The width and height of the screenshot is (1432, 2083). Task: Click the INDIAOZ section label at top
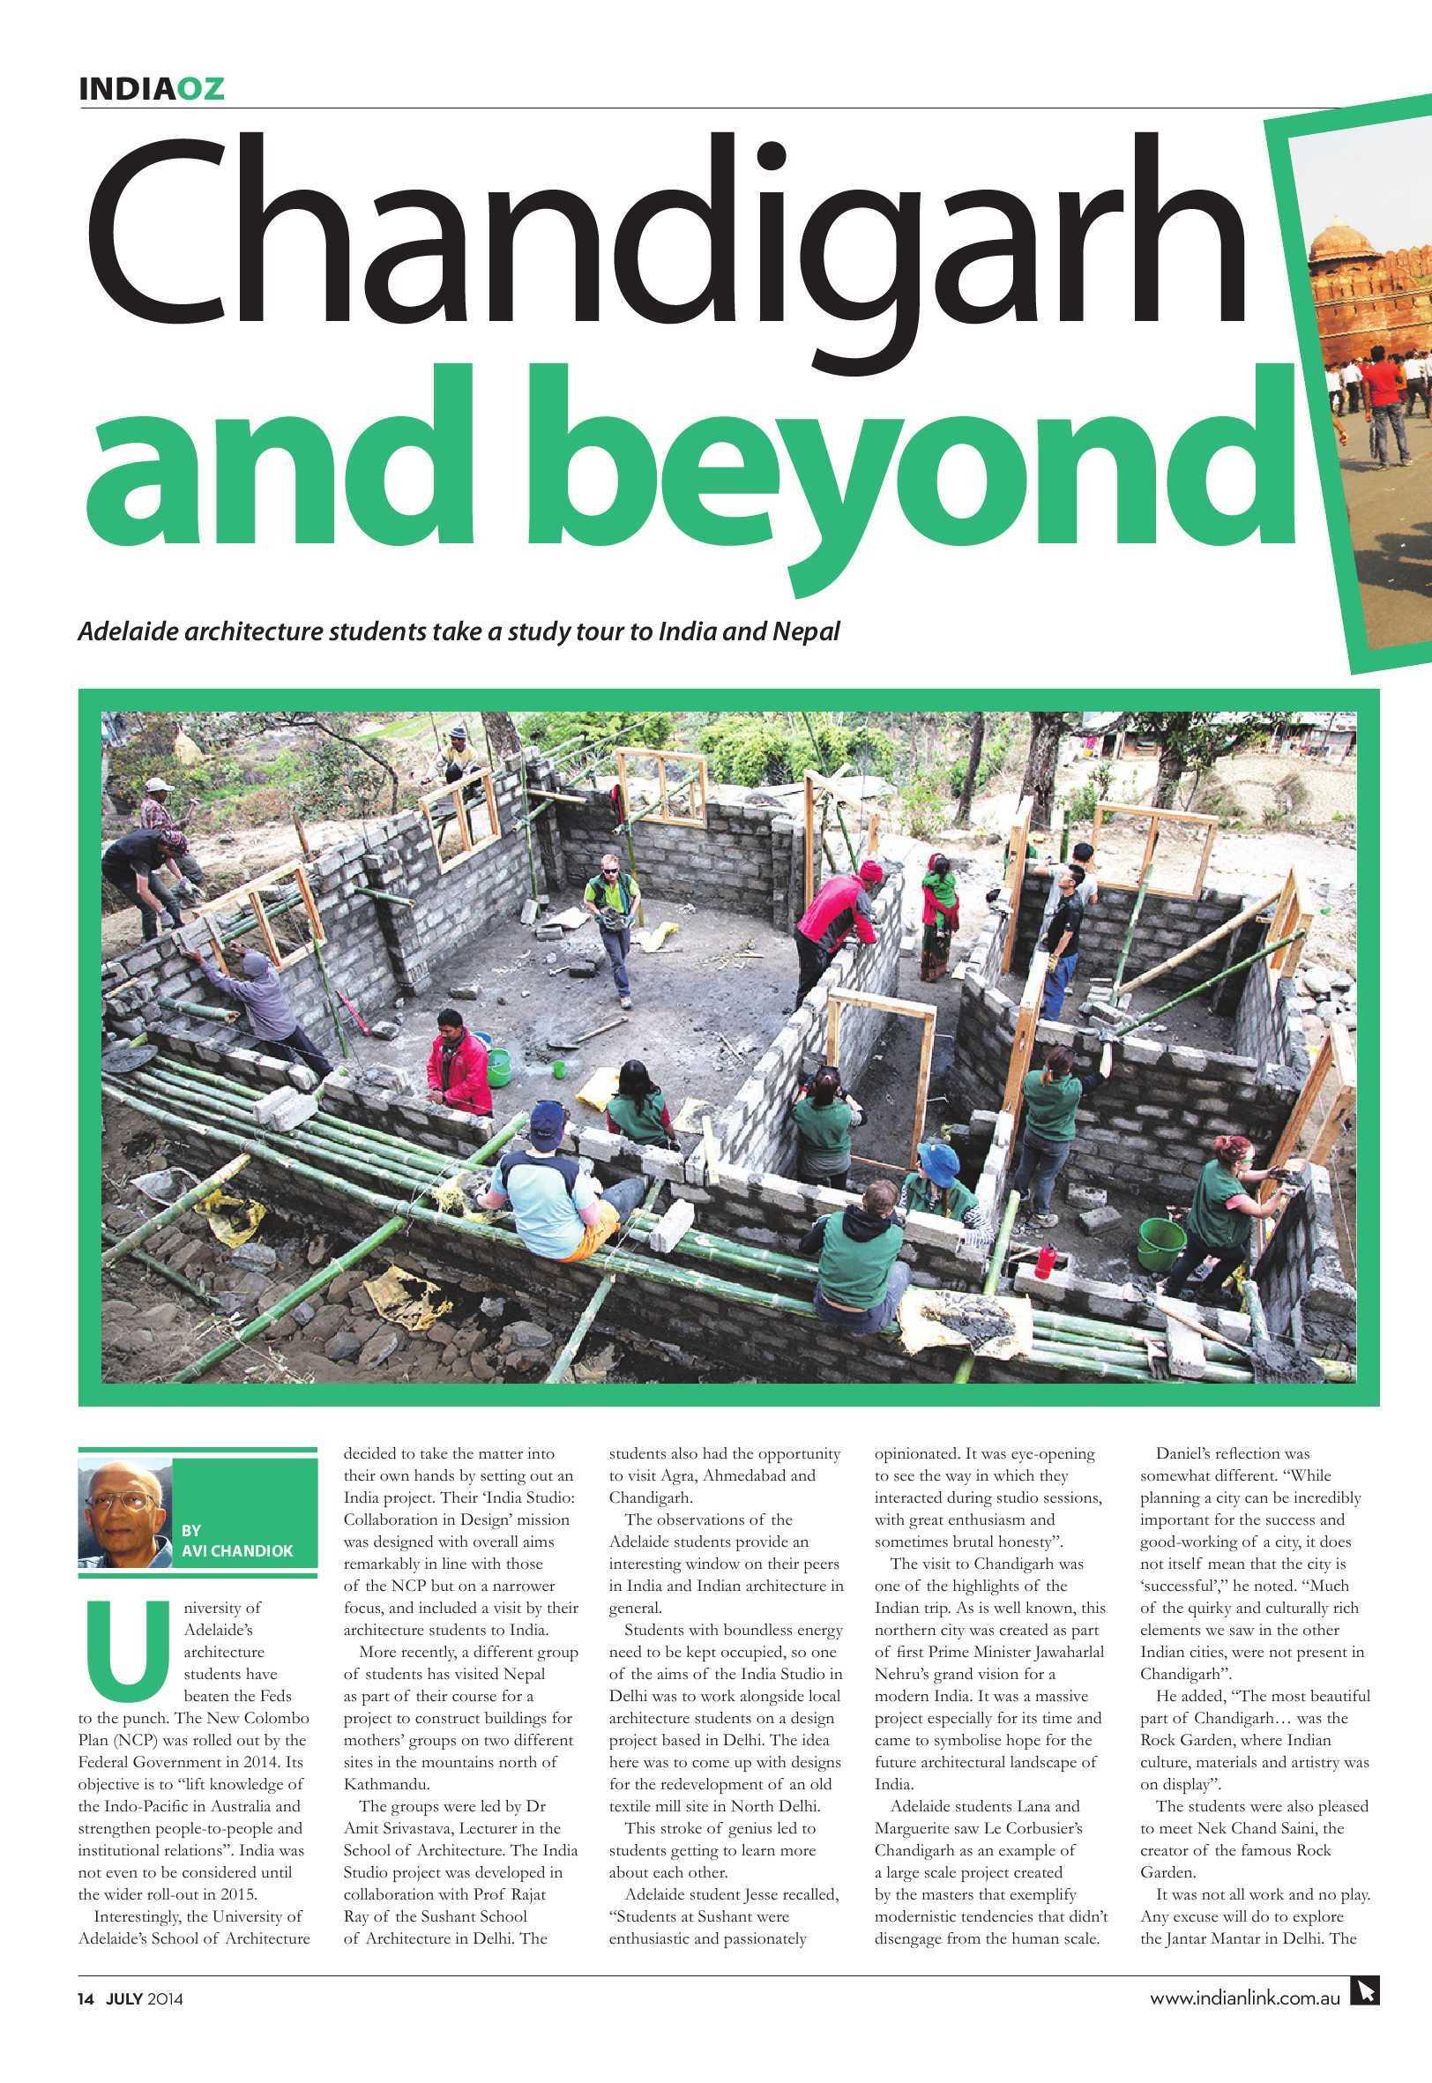(151, 88)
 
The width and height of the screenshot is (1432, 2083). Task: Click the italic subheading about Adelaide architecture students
(459, 631)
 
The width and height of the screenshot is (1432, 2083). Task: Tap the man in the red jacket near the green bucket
(460, 1064)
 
